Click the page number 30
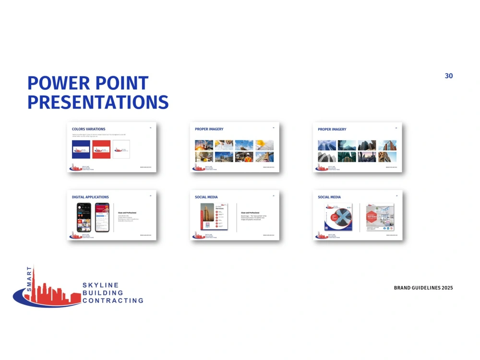click(x=449, y=76)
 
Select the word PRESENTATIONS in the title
click(x=98, y=102)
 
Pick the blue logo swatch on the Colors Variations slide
click(x=81, y=149)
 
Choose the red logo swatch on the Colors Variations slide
click(x=101, y=149)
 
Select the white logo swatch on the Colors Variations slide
click(x=121, y=149)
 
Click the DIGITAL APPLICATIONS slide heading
click(x=90, y=197)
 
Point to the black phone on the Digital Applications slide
click(x=84, y=217)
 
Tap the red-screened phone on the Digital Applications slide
click(x=101, y=217)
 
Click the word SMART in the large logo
click(x=29, y=279)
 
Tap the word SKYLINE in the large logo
click(x=100, y=285)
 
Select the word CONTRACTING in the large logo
click(x=113, y=301)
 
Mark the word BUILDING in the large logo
click(x=103, y=293)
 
